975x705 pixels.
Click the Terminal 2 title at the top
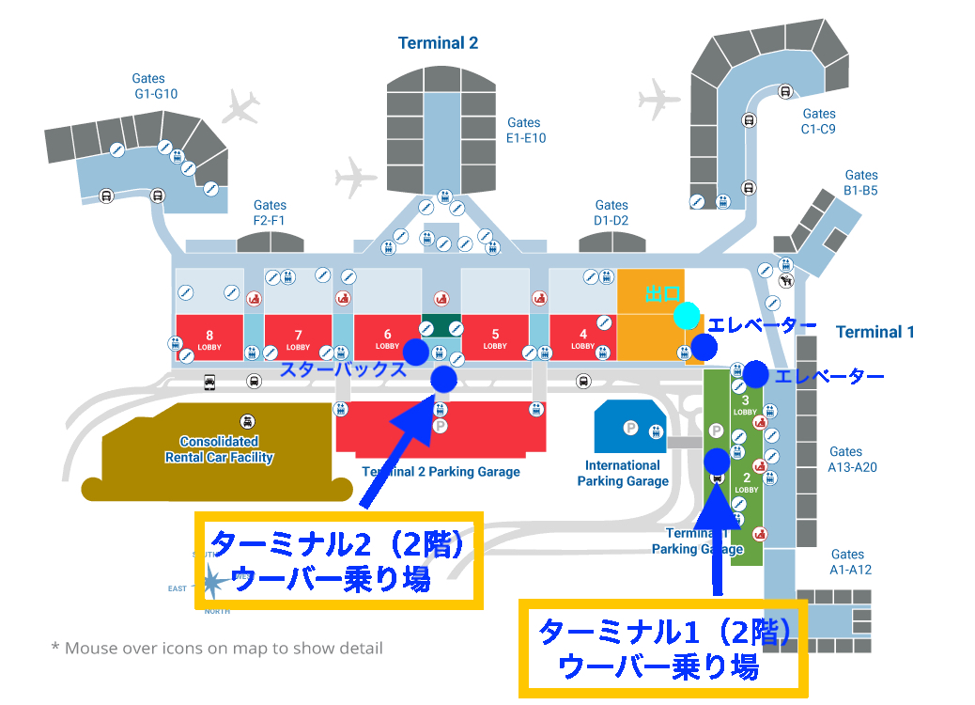[438, 43]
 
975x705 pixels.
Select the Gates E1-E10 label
[525, 130]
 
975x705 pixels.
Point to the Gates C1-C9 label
[818, 121]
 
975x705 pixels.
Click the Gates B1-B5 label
[860, 182]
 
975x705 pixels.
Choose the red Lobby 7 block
[298, 338]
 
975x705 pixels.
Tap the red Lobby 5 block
[495, 338]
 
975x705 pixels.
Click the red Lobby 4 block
[583, 338]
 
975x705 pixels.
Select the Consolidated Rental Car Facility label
[219, 449]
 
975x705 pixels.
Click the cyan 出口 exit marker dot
[687, 316]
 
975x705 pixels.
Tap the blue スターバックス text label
[344, 369]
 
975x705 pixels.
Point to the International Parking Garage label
[623, 473]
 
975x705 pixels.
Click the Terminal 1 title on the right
[874, 332]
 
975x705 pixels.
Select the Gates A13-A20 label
[852, 459]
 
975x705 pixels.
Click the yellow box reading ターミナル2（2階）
[338, 560]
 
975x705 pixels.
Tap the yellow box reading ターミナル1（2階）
[662, 648]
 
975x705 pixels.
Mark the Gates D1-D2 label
[611, 212]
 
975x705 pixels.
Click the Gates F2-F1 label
[270, 212]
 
